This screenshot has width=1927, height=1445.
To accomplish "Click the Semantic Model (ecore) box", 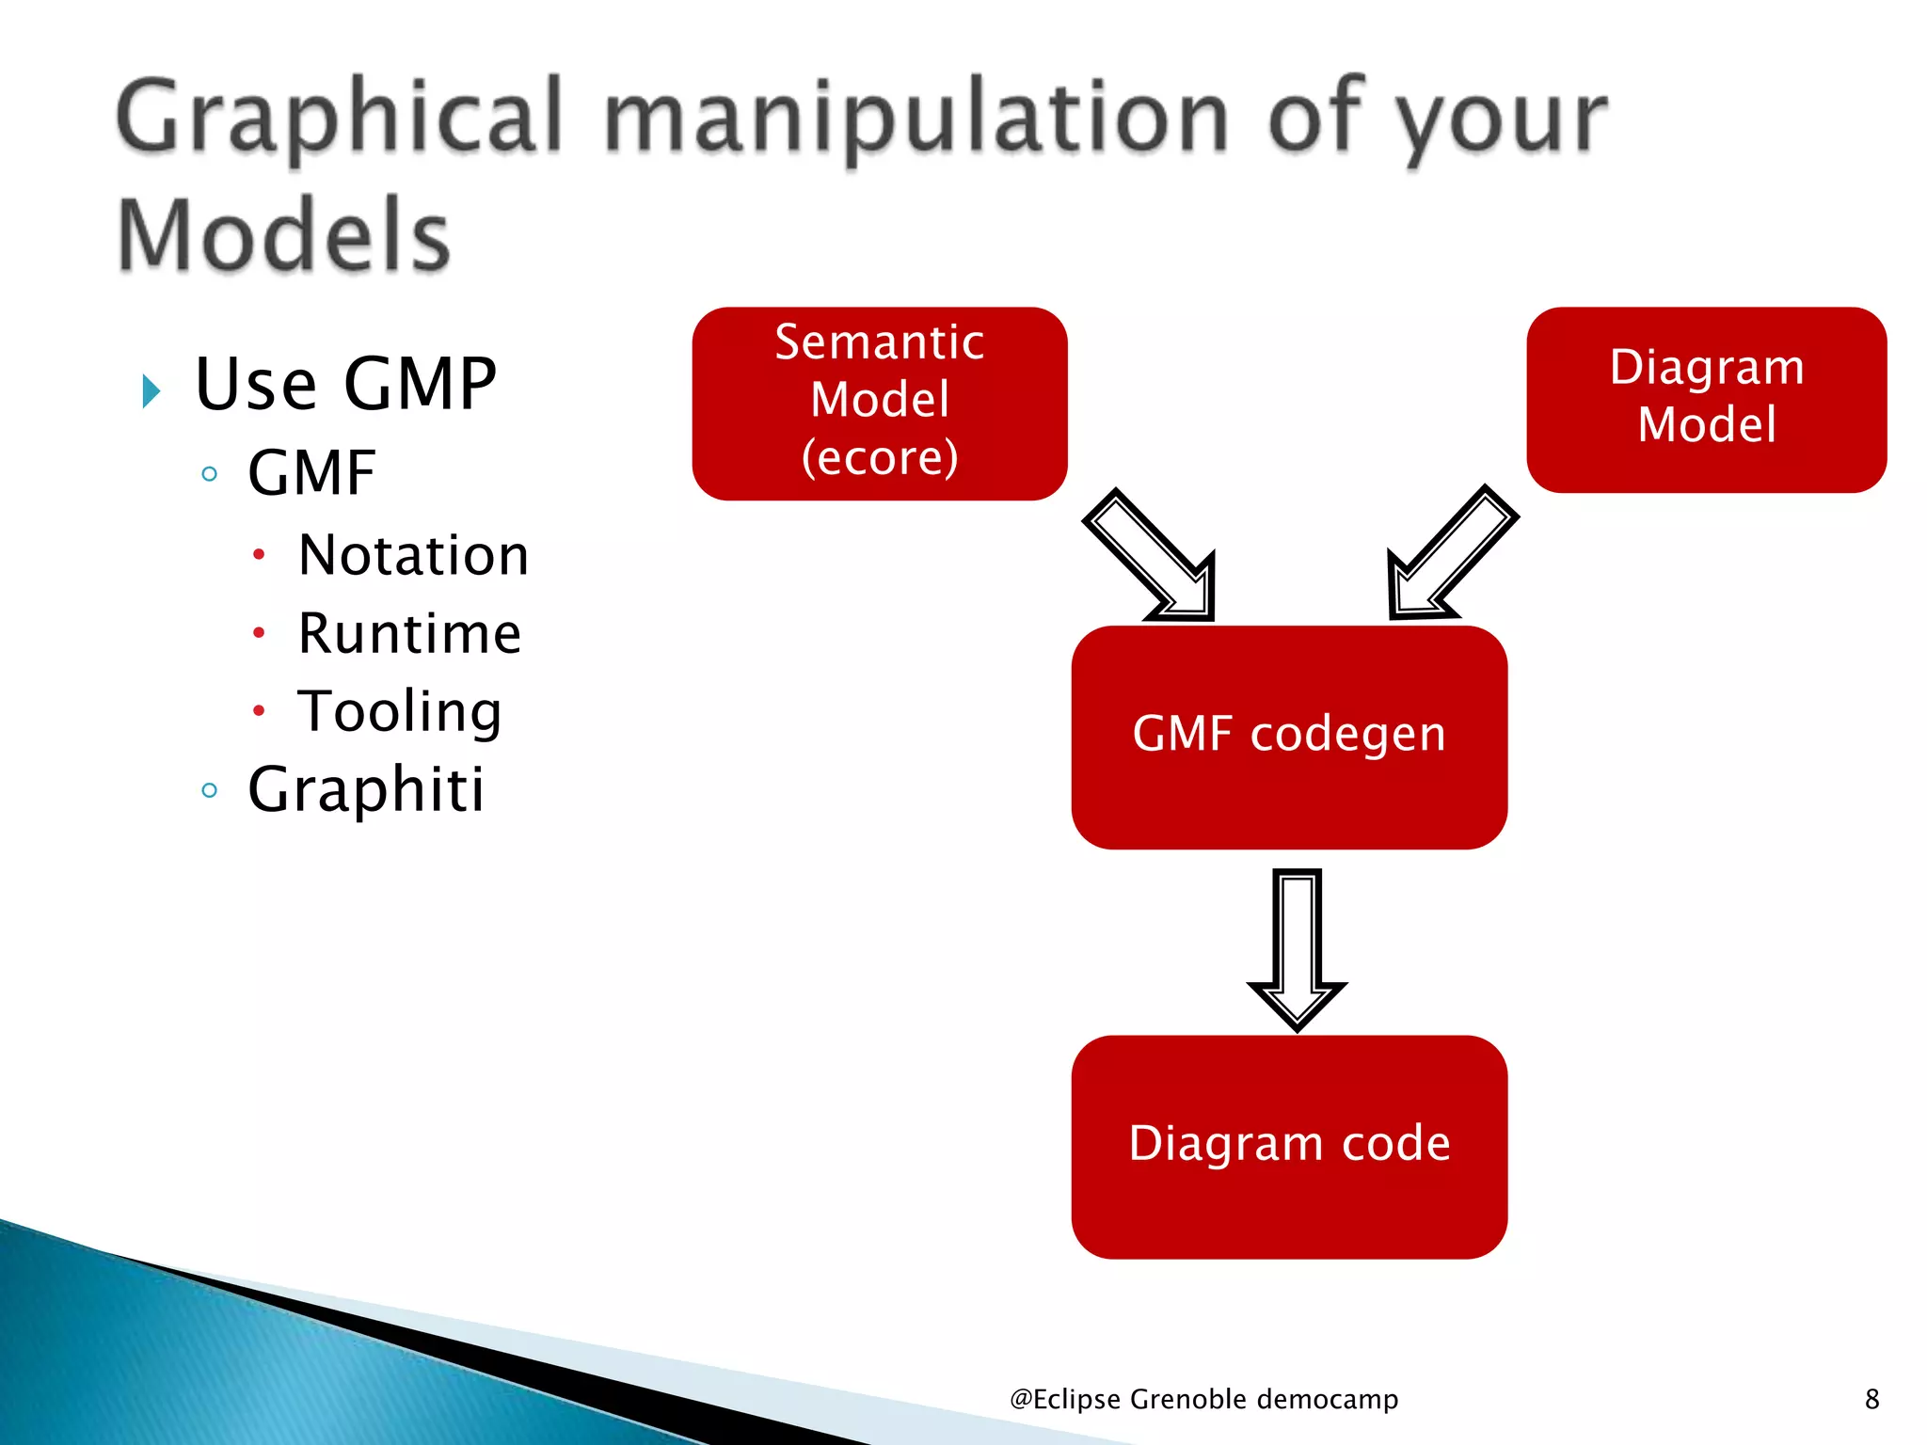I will tap(879, 403).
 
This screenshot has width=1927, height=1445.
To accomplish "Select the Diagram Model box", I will tap(1706, 399).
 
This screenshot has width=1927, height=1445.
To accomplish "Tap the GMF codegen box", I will tap(1288, 736).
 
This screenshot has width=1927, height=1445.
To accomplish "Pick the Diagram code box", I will tap(1288, 1146).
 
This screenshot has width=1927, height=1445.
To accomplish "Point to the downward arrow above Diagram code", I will tap(1298, 950).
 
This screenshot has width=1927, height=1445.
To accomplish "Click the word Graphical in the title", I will tap(339, 118).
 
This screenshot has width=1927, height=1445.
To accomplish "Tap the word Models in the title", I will tap(283, 235).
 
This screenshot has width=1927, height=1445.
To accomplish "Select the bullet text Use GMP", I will tap(345, 385).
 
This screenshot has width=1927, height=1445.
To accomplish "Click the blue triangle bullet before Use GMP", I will tap(151, 390).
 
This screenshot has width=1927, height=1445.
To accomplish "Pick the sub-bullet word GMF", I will tap(311, 472).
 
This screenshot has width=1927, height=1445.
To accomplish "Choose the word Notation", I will tap(413, 555).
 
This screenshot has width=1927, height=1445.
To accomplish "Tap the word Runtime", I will tap(409, 633).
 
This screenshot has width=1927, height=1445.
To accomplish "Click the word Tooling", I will tap(400, 712).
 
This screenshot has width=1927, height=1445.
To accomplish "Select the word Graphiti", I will tap(366, 789).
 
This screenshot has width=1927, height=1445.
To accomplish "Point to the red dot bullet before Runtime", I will tap(259, 633).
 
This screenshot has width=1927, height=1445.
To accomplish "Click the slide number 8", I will tap(1871, 1399).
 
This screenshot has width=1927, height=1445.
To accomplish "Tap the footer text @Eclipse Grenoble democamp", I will tap(1203, 1399).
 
